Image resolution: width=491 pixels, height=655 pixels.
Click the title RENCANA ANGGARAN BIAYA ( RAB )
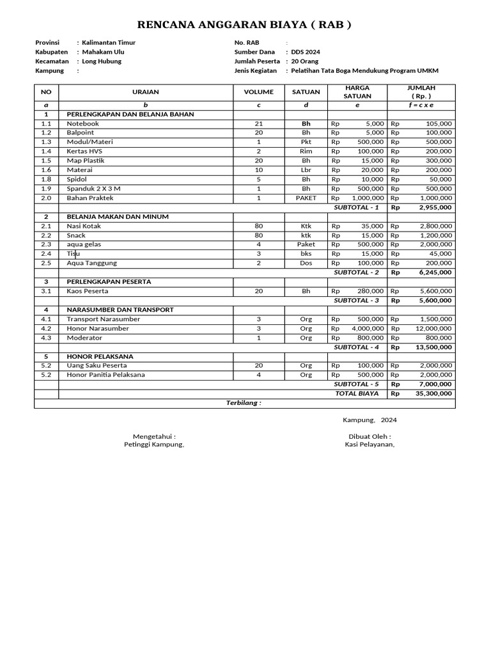tap(245, 26)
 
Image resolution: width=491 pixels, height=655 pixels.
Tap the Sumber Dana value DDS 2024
tap(304, 52)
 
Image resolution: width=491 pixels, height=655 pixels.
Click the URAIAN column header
tap(145, 92)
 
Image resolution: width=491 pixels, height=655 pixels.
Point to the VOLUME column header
tap(258, 92)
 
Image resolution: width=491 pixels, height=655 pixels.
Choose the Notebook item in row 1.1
tap(82, 123)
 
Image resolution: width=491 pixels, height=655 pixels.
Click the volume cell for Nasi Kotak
tap(258, 226)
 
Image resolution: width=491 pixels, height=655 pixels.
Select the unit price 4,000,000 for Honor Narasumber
tap(367, 329)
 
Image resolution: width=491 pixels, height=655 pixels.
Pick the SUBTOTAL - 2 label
tap(356, 272)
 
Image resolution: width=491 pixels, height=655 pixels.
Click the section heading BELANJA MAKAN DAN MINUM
tap(118, 217)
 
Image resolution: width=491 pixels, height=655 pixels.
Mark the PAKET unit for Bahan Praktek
tap(306, 198)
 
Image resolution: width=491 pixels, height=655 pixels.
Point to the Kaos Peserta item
tap(88, 291)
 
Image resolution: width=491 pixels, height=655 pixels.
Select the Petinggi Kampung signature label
tap(153, 445)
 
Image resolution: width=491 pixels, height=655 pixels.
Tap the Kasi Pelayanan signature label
tap(370, 445)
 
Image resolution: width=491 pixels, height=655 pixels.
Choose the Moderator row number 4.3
tap(46, 338)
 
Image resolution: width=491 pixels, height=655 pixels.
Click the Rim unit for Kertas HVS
tap(306, 152)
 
